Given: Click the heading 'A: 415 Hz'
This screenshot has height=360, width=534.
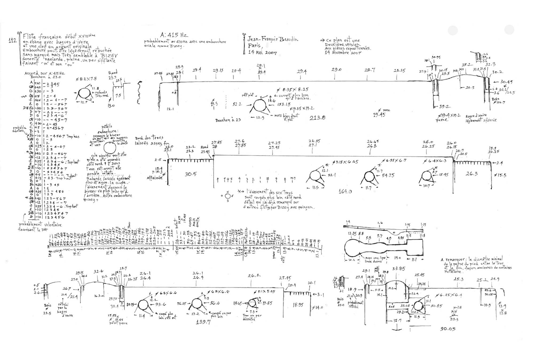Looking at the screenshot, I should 174,35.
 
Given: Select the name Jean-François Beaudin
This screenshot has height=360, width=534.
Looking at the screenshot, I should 273,40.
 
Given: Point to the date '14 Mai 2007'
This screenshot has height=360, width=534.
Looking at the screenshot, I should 262,53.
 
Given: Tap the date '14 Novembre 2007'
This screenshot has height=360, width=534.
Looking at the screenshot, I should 343,53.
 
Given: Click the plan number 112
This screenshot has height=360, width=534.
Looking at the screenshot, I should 13,41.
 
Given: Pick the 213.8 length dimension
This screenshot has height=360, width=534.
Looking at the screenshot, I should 317,117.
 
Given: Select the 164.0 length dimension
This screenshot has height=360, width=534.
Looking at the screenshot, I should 345,191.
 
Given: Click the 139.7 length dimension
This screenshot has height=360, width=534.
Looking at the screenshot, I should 203,322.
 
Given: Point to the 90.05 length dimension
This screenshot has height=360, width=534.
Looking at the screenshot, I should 448,329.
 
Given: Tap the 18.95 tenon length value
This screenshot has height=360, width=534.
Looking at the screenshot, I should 297,305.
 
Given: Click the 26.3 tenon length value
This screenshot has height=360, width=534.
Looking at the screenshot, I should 472,174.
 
